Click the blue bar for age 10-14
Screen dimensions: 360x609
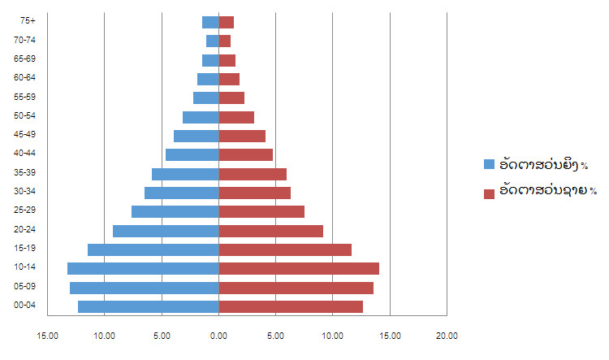pos(143,268)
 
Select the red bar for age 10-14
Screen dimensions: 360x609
pos(299,268)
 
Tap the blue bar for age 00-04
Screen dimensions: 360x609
pos(149,306)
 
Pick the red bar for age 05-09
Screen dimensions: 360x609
pos(296,288)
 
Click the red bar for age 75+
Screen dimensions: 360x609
pos(227,23)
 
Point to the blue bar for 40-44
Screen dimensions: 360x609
pos(192,154)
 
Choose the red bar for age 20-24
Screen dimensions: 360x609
pos(271,231)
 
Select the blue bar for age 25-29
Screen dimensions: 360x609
pos(175,211)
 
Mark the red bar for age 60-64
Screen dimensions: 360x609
pos(229,79)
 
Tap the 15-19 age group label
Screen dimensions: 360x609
pos(24,249)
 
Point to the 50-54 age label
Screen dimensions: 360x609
pos(24,116)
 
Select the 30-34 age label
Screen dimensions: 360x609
pos(24,192)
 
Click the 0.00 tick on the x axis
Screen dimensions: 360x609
pos(218,335)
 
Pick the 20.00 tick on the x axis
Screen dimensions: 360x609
pos(447,335)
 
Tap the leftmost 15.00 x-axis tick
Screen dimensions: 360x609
pos(47,335)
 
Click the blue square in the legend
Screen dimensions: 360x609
pos(489,164)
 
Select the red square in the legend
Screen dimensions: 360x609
pos(489,193)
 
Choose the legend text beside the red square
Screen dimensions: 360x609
pos(548,191)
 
